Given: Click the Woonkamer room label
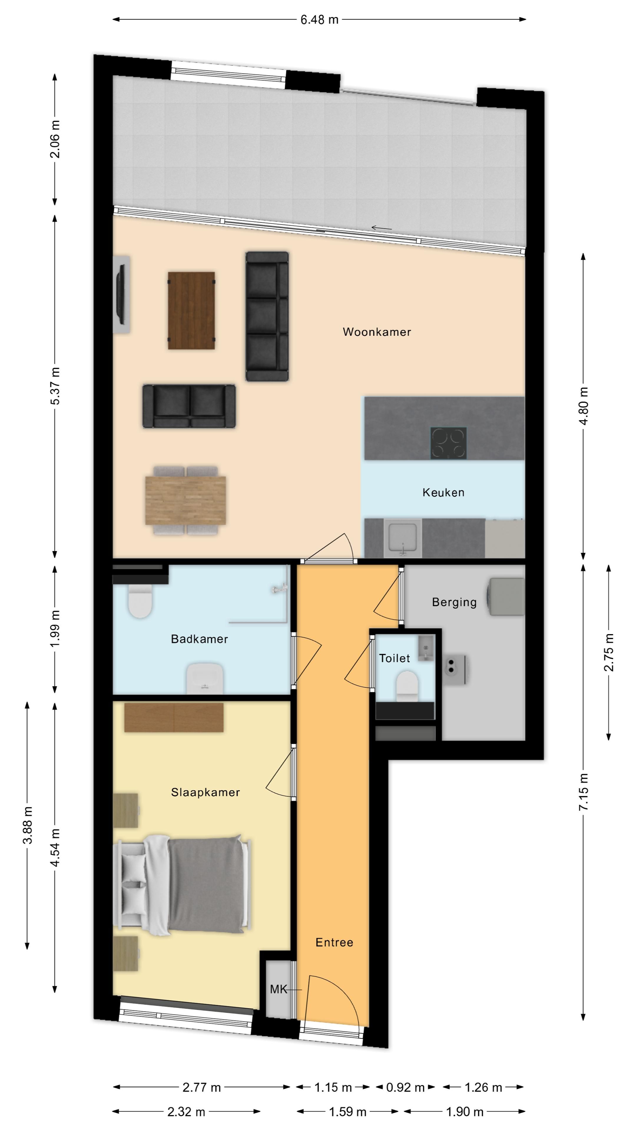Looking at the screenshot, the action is click(377, 332).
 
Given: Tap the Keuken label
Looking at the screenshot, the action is click(443, 493).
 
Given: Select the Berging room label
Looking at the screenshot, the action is click(454, 602).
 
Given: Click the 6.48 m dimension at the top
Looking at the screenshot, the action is click(319, 20).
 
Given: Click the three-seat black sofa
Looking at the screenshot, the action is click(267, 316).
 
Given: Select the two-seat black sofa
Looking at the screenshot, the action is click(189, 406).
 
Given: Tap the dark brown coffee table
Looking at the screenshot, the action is click(191, 310).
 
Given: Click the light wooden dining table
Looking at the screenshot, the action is click(186, 500).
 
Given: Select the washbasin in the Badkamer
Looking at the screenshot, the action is click(205, 678).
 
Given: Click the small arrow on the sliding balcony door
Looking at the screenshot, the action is click(381, 227).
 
